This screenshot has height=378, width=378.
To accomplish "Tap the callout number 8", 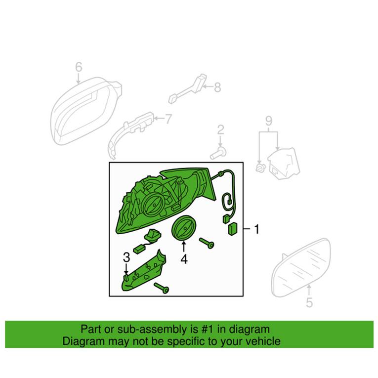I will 217,88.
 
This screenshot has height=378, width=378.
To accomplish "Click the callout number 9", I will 269,120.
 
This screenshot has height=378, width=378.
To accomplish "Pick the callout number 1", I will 256,229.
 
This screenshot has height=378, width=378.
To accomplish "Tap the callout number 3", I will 126,257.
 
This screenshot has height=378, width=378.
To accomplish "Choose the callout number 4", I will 184,258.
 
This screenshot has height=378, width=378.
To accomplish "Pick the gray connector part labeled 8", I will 190,89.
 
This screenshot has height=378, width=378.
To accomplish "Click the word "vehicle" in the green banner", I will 262,341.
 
